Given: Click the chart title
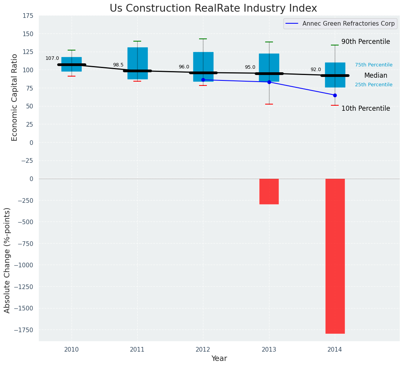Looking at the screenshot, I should coord(213,9).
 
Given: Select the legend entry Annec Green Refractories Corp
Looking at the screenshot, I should coord(348,24).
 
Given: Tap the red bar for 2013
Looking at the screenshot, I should coord(269,191).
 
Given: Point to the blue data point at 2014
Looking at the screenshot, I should coord(335,95).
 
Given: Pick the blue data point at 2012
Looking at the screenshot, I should coord(203,80).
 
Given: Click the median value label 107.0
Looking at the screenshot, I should coord(52,59).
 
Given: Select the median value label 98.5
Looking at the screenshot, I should coord(118,65).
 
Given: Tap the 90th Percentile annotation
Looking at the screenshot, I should coord(366,42).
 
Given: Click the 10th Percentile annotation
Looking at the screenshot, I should coord(366,109).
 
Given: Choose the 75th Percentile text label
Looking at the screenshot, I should coord(374,65).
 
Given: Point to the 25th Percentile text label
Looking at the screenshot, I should coord(374,85).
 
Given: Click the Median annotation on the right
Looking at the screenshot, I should coord(376,76).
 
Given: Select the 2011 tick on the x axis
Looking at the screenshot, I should coord(137,350).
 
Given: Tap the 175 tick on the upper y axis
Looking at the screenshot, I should coord(27,16).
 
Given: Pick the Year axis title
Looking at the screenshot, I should coord(219,359).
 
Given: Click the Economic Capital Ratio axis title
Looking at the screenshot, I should coord(15,97).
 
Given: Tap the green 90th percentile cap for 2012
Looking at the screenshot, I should coord(203,39).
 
